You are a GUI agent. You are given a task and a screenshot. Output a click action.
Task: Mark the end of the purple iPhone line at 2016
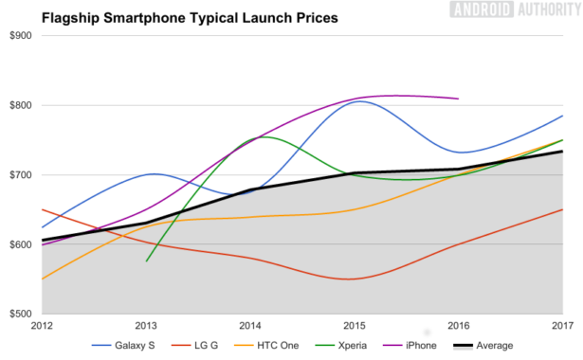pyautogui.click(x=459, y=99)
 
